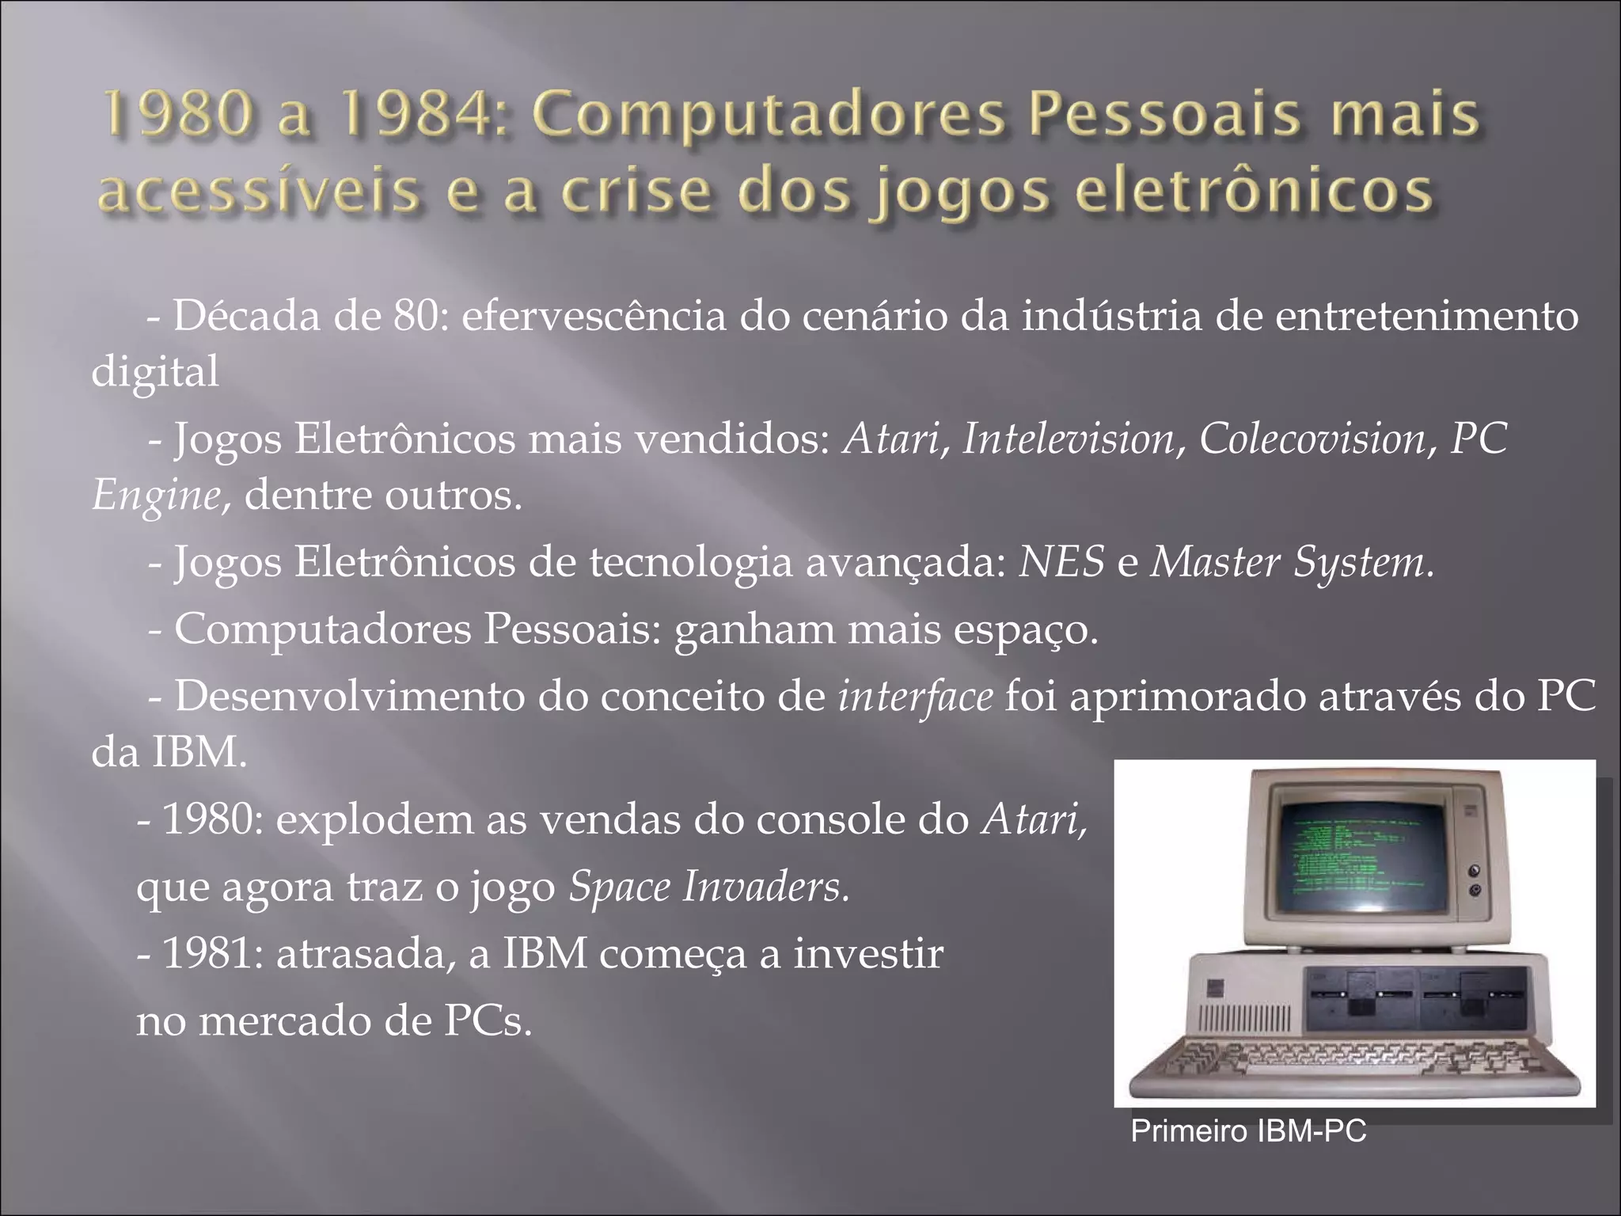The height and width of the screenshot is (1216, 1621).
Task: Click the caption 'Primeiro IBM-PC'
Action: click(x=1248, y=1131)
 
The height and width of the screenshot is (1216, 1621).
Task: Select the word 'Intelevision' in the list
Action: click(x=1069, y=439)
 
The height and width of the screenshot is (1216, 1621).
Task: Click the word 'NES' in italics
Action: click(x=1061, y=563)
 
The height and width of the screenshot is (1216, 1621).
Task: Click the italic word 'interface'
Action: click(x=915, y=697)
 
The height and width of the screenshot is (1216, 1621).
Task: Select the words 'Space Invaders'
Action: click(x=708, y=887)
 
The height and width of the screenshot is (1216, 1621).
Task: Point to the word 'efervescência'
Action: click(x=593, y=317)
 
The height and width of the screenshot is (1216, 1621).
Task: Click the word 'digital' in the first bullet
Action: click(x=155, y=371)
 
